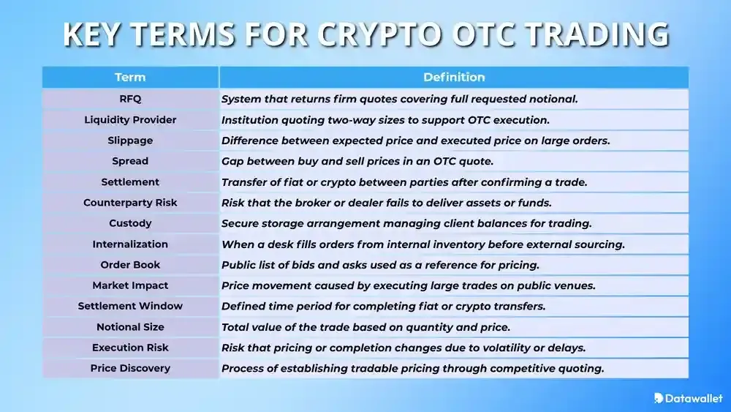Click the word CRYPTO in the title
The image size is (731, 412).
(x=385, y=35)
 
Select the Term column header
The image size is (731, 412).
(x=130, y=77)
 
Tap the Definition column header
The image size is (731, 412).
(x=454, y=77)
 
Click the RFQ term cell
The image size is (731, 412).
(x=130, y=99)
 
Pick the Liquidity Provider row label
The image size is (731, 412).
(x=130, y=119)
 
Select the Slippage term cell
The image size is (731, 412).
(x=130, y=141)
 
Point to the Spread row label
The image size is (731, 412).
(x=130, y=161)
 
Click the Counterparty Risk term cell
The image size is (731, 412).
(x=130, y=203)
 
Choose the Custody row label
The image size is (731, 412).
(x=130, y=223)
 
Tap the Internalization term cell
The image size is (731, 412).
(x=130, y=244)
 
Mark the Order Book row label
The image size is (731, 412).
(x=130, y=265)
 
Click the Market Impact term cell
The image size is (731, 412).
(x=130, y=285)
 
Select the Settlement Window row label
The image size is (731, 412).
(x=130, y=306)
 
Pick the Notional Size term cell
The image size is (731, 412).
(x=130, y=327)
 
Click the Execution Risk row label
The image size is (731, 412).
(x=130, y=348)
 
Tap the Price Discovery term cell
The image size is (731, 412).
(x=130, y=368)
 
